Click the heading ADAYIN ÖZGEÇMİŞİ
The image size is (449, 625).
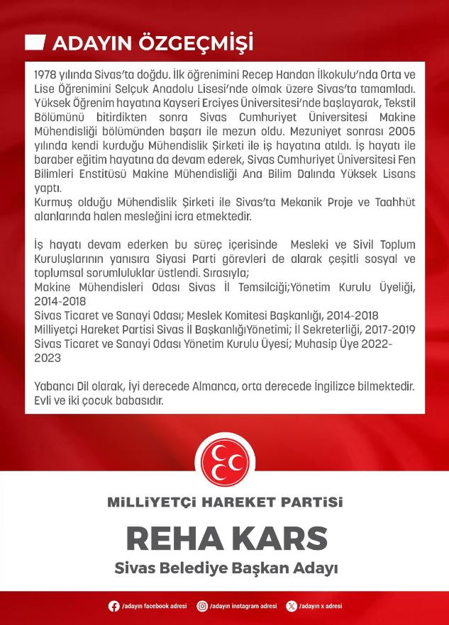point(153,44)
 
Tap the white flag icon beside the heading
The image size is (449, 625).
point(35,43)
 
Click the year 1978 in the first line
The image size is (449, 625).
point(45,75)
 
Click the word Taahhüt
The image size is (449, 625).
point(394,203)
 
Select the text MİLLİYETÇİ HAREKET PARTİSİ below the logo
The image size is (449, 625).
point(224,502)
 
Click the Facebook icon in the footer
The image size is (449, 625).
point(113,607)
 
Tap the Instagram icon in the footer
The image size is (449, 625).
point(202,607)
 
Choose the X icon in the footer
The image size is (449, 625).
point(291,607)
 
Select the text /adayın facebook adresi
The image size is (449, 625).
point(154,607)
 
